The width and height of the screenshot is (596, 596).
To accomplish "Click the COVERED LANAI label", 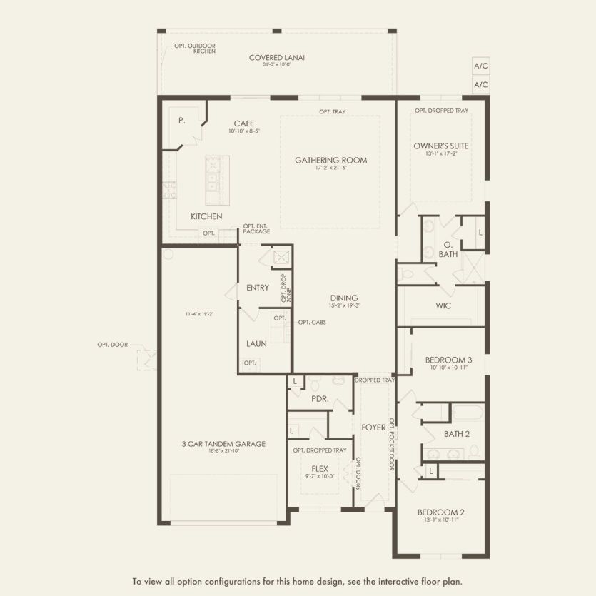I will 276,58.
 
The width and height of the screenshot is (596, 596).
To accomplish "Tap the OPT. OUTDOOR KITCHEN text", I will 194,49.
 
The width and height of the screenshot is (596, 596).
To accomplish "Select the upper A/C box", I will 480,66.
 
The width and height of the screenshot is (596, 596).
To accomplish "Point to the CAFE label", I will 243,123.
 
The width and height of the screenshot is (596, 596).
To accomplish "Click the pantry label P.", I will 182,121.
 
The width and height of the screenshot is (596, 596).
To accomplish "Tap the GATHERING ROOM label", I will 330,161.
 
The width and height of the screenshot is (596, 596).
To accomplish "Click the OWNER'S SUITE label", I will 440,146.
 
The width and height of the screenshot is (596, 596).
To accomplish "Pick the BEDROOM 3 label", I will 448,360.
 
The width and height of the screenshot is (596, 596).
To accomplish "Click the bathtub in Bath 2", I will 468,414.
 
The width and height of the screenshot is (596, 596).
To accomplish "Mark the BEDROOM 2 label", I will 440,512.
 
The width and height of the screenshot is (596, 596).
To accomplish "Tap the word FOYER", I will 373,428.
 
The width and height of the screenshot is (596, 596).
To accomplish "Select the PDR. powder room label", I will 320,399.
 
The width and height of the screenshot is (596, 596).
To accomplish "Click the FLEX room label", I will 319,469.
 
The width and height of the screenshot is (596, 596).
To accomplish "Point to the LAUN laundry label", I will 256,343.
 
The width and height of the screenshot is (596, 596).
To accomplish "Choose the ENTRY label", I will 257,288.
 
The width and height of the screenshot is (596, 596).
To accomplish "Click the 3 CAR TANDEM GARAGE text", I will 223,444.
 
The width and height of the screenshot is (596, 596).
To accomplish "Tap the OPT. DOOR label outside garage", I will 113,345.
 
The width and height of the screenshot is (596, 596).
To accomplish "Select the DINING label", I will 343,298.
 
